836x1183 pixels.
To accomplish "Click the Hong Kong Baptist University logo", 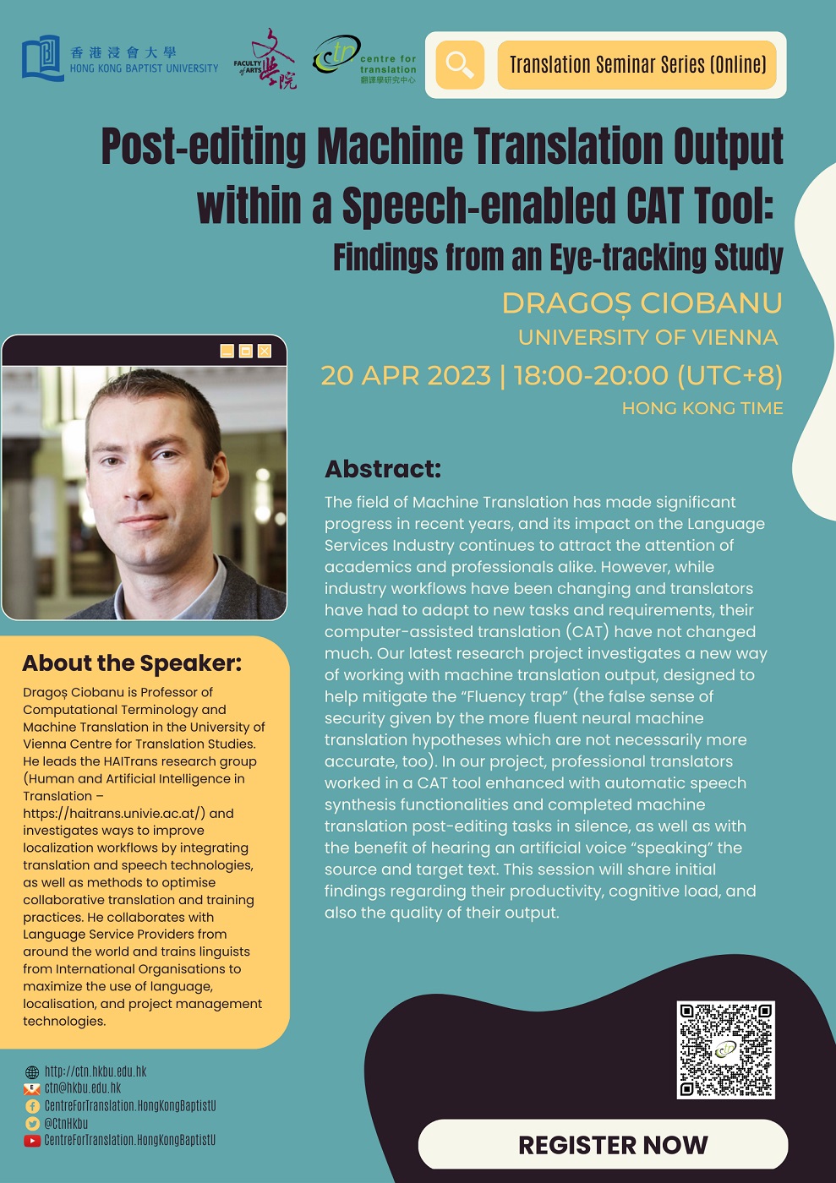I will click(119, 58).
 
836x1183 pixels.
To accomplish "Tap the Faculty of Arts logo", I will click(265, 59).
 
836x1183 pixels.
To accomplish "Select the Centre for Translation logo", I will click(364, 59).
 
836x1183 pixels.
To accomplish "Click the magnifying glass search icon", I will click(460, 65).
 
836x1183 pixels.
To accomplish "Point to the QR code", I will click(725, 1049).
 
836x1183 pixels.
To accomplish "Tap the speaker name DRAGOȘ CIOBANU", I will click(642, 303).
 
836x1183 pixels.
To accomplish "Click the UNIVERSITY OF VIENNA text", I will click(647, 337).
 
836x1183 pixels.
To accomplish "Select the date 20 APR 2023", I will click(406, 374).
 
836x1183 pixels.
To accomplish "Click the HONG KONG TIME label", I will click(702, 408).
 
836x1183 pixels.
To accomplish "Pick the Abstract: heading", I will click(383, 469).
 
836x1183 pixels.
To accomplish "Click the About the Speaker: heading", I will click(132, 663).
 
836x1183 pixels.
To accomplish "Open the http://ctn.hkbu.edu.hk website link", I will click(96, 1071).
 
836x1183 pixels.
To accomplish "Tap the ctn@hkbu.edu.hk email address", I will click(83, 1088).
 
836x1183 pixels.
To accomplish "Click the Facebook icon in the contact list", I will click(32, 1106).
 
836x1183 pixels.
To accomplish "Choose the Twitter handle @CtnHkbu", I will click(66, 1124).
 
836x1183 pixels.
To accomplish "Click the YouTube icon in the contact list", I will click(32, 1141).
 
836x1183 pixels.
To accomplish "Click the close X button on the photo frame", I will click(265, 351).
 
